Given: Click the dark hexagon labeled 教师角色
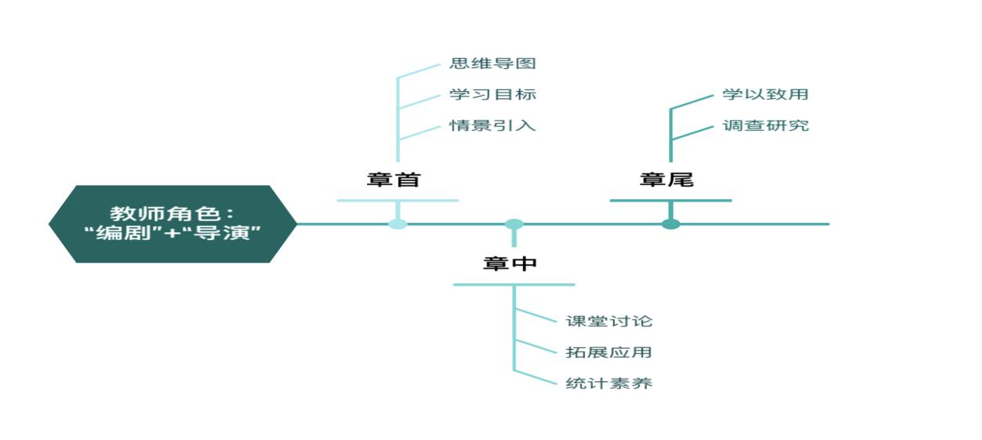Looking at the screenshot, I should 173,224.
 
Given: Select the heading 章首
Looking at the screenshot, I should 394,180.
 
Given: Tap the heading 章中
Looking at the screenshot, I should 510,264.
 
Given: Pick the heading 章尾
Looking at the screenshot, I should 667,180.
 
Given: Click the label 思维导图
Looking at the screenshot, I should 493,64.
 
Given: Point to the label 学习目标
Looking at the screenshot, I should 493,94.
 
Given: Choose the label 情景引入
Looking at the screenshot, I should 493,125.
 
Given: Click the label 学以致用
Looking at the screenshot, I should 766,94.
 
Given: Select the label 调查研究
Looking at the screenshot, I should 766,125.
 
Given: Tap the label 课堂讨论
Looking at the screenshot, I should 609,321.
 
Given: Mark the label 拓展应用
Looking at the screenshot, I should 609,352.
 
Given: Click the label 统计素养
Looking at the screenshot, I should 609,384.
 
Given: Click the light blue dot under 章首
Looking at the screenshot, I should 398,224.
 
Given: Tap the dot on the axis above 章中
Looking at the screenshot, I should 514,224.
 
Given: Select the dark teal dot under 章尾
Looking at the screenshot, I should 671,224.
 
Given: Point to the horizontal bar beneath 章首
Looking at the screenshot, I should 398,201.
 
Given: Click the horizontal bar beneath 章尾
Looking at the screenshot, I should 671,201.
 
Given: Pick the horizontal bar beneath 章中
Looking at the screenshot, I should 514,285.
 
